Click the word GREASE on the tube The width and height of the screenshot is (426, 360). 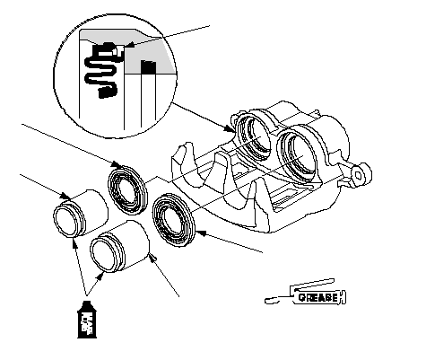318,297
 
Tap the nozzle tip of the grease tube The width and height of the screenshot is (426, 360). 266,301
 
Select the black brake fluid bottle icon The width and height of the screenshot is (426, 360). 87,320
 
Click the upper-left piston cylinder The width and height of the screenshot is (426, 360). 81,214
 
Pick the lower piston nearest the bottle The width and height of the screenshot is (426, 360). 119,246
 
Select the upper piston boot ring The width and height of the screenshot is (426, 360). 127,190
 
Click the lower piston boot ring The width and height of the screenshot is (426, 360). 173,220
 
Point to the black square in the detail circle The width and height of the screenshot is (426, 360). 149,67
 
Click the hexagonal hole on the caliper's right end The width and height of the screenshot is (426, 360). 358,176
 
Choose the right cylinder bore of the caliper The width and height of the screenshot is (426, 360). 297,154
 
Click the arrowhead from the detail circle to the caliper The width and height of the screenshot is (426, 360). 230,129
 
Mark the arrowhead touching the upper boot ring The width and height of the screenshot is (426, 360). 117,164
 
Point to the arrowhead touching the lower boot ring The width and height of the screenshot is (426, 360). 202,233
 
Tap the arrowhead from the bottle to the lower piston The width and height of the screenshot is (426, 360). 100,276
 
